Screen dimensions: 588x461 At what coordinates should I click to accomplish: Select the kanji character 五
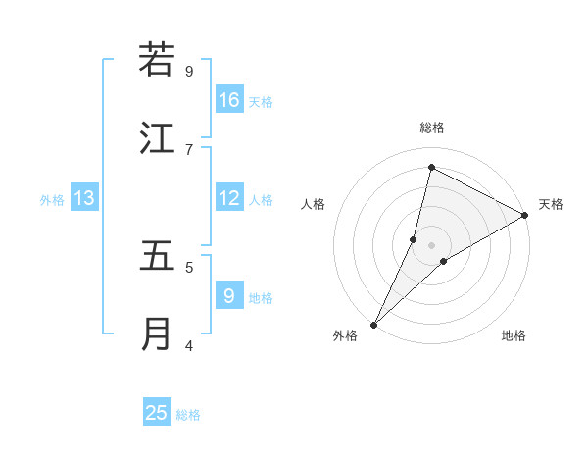[157, 255]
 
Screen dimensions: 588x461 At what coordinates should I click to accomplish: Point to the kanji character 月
[157, 334]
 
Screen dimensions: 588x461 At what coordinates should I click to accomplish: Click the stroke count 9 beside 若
[189, 71]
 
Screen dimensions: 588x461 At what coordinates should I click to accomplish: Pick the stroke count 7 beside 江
[189, 149]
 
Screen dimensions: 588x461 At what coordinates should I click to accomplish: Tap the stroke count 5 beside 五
[189, 267]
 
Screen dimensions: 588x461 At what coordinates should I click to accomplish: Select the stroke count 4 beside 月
[189, 345]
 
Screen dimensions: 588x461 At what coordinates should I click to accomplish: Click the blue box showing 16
[228, 100]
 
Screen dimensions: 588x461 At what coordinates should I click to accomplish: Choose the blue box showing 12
[228, 198]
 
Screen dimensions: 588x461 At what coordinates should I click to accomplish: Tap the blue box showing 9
[228, 295]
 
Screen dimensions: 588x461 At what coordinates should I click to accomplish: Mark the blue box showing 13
[84, 198]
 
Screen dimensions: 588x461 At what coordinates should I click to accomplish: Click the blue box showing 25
[157, 413]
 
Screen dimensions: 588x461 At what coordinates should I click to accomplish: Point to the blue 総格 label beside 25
[188, 415]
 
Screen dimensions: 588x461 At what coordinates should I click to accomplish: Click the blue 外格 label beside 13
[52, 200]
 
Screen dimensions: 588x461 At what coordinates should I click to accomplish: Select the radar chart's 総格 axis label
[431, 128]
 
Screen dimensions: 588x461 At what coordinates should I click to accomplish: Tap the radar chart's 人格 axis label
[313, 204]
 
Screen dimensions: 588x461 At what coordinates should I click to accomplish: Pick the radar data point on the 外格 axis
[373, 324]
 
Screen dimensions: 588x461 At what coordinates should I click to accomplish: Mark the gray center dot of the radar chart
[431, 244]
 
